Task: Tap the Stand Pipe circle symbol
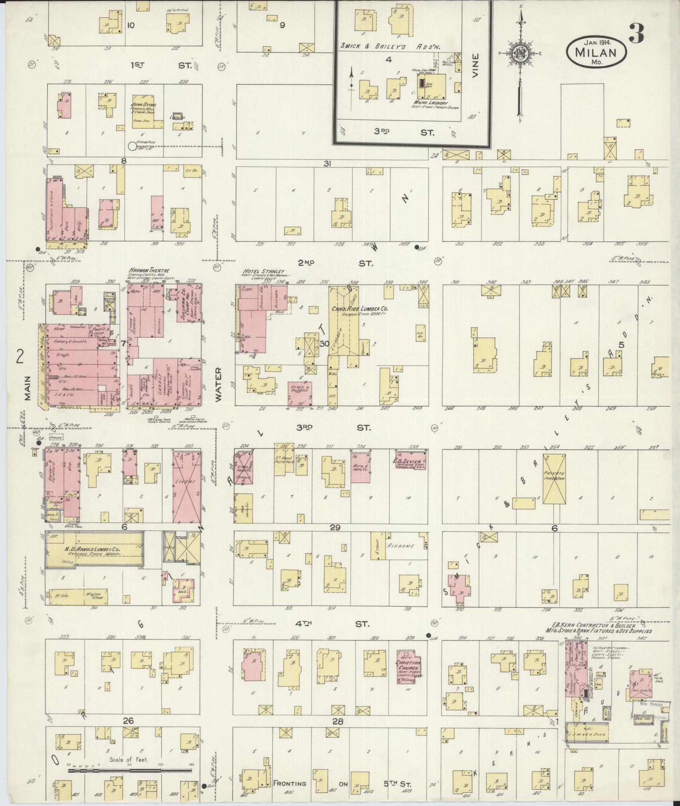tap(132, 146)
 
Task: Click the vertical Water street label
tap(219, 384)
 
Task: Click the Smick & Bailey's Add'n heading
tap(391, 47)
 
